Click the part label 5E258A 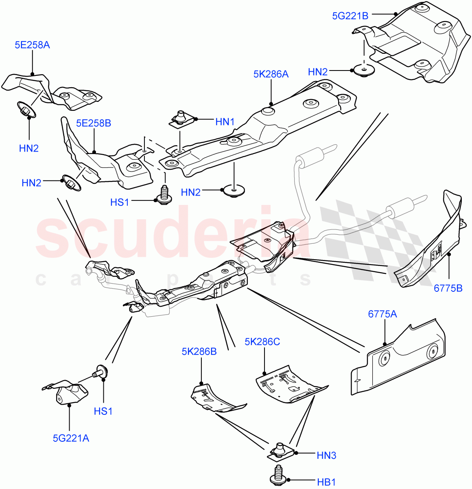pos(32,45)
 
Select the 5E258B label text pos(93,123)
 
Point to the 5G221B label pos(350,16)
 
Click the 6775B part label pos(448,289)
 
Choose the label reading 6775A pos(382,314)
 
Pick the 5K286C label pos(262,342)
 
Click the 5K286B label pos(199,351)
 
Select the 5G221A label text pos(71,438)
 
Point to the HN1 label pos(225,121)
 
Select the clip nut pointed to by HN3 pos(280,450)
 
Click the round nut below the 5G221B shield pos(363,70)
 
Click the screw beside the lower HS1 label pos(100,371)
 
